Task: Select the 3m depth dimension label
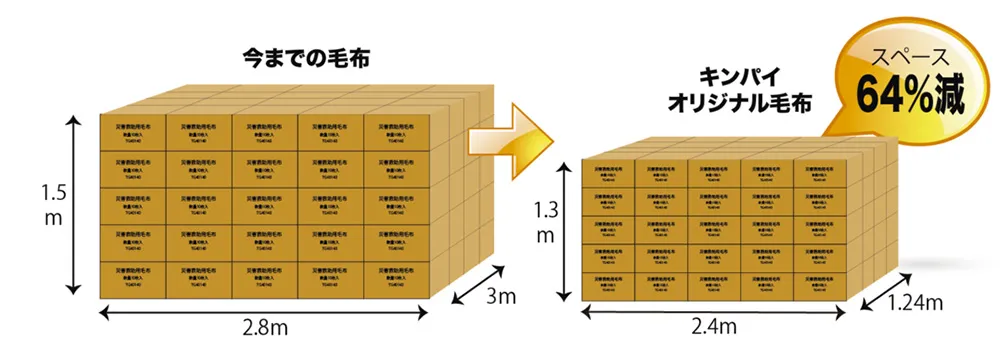pos(498,299)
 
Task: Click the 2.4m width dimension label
pos(715,328)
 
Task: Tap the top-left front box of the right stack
pos(609,172)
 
